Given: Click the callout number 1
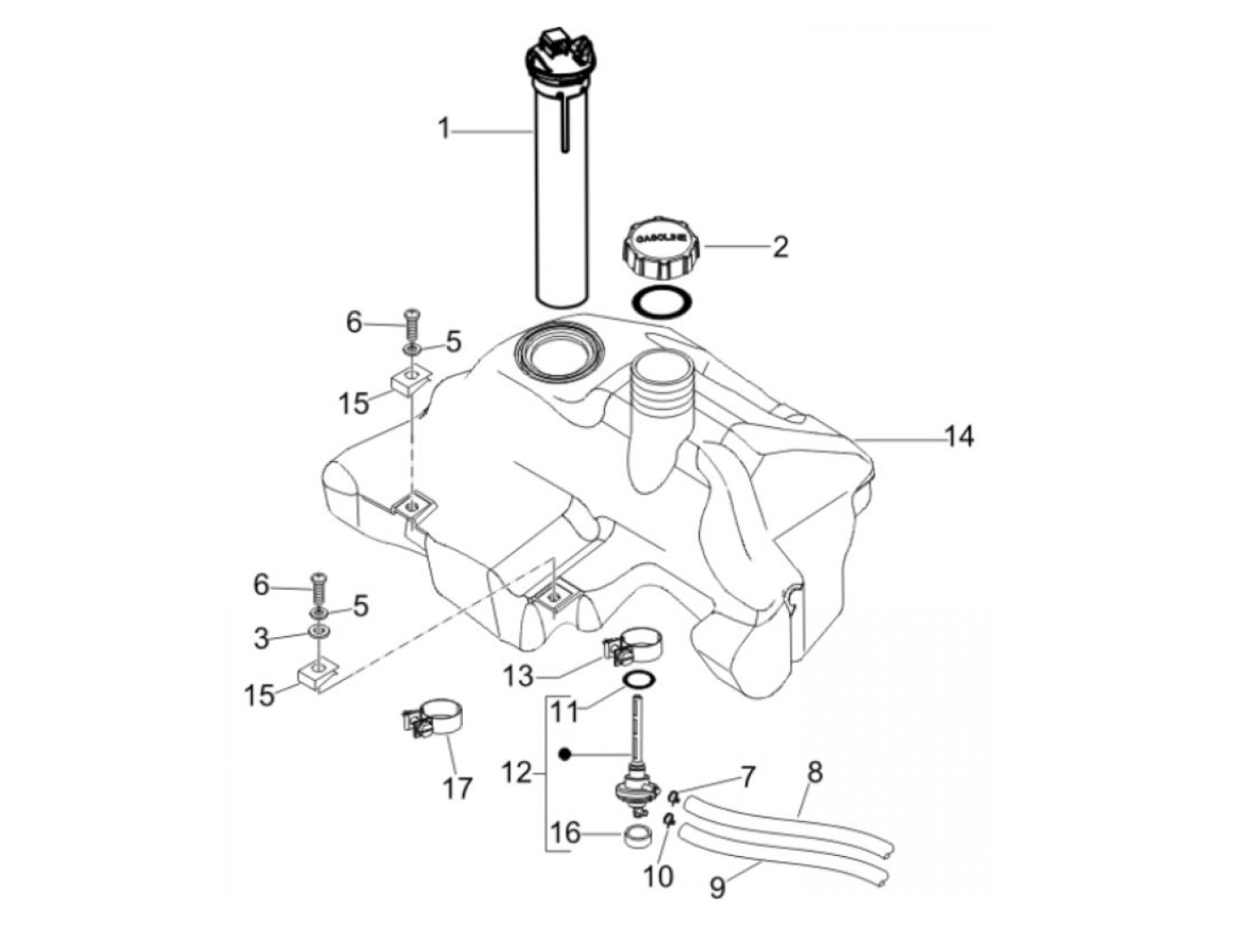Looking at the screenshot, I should (x=444, y=130).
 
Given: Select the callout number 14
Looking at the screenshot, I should (x=959, y=437).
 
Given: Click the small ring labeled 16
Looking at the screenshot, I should (x=635, y=838).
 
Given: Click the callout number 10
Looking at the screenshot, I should (x=659, y=877).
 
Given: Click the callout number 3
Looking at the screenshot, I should (x=261, y=639).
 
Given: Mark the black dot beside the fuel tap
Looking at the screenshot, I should (x=564, y=755).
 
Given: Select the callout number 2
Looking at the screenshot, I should (x=780, y=247).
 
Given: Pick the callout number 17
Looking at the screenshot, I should (x=457, y=789).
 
